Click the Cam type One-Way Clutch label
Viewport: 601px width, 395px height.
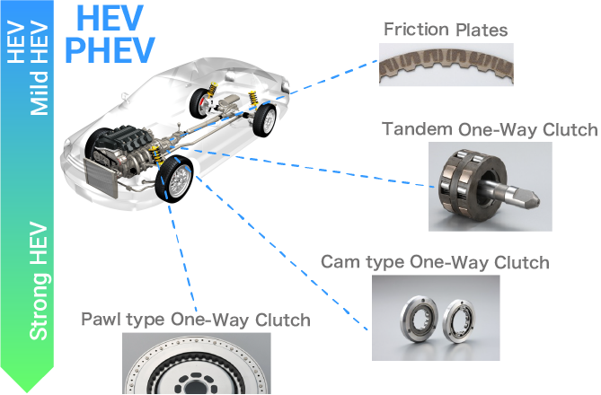[x=434, y=262]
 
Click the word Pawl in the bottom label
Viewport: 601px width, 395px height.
[x=100, y=320]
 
